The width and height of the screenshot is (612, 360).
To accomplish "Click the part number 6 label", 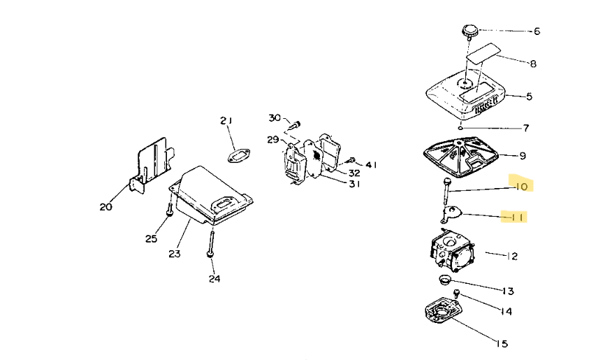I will tap(537, 31).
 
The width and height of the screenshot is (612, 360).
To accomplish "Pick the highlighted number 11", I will tap(518, 217).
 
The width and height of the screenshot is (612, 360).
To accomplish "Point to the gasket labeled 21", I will tap(240, 154).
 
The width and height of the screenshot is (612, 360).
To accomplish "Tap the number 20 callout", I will tap(105, 206).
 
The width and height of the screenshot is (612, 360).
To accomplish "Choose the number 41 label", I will tap(371, 165).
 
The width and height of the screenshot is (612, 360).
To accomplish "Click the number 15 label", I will tap(502, 343).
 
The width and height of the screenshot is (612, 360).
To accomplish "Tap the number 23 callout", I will tap(175, 254).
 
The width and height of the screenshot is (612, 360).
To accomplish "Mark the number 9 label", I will tap(523, 156).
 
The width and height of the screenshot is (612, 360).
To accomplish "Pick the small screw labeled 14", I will tap(456, 293).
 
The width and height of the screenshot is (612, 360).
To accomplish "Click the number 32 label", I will tap(354, 173).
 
